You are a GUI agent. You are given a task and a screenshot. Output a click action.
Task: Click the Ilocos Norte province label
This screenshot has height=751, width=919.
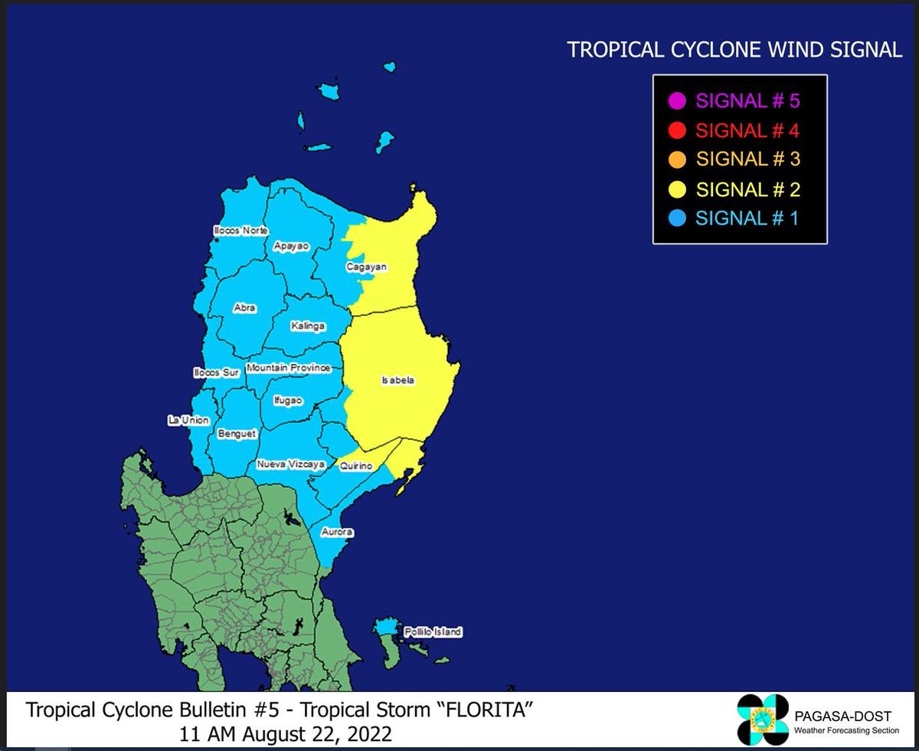click(240, 231)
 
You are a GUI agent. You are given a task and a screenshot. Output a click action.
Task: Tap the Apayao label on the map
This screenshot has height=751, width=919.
click(291, 247)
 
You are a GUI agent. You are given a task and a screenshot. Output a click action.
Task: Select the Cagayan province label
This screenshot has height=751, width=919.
click(366, 267)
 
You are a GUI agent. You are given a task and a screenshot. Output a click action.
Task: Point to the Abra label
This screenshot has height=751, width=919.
click(244, 308)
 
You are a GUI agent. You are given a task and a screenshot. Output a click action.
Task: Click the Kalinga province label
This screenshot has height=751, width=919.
click(308, 326)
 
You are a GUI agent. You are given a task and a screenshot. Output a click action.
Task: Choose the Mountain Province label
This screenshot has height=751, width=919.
click(288, 368)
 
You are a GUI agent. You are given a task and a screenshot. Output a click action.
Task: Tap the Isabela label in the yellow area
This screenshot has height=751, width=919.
click(398, 380)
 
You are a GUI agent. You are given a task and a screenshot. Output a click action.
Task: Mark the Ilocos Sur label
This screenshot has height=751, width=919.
click(217, 373)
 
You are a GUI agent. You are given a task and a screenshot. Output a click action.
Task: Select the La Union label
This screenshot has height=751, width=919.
click(188, 421)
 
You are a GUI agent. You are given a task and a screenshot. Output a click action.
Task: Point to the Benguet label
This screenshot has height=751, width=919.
click(237, 434)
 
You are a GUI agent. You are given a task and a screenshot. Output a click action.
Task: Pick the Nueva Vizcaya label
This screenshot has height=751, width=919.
click(291, 464)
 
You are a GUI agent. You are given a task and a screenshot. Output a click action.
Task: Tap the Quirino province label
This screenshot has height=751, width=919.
click(356, 466)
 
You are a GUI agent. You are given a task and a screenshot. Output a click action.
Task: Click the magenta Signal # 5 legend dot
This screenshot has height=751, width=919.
click(676, 100)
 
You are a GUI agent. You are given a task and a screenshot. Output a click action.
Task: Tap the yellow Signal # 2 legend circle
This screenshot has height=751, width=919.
click(676, 189)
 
